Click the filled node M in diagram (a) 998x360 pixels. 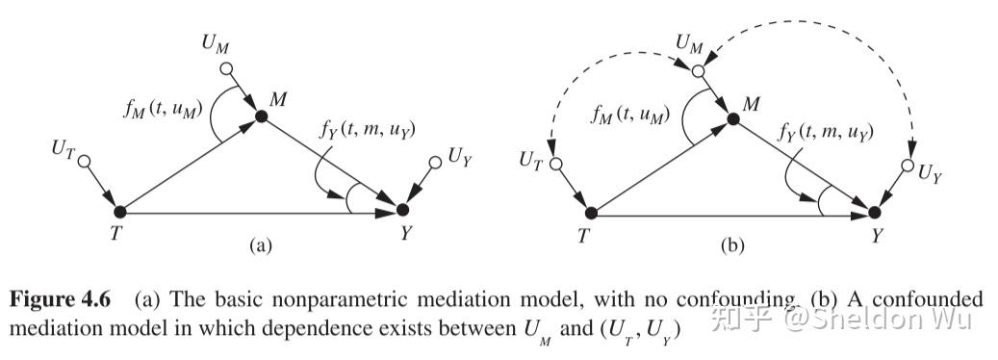pyautogui.click(x=261, y=116)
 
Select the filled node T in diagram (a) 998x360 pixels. pyautogui.click(x=120, y=211)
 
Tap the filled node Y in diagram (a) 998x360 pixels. pyautogui.click(x=402, y=210)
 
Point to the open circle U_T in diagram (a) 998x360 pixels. pyautogui.click(x=84, y=160)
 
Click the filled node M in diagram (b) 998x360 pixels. pyautogui.click(x=732, y=118)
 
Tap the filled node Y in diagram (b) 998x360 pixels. pyautogui.click(x=874, y=212)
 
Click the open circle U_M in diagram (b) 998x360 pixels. pyautogui.click(x=697, y=71)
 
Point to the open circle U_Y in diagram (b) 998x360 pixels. pyautogui.click(x=906, y=167)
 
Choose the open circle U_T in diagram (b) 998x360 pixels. pyautogui.click(x=556, y=164)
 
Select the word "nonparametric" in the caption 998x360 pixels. pyautogui.click(x=308, y=298)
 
